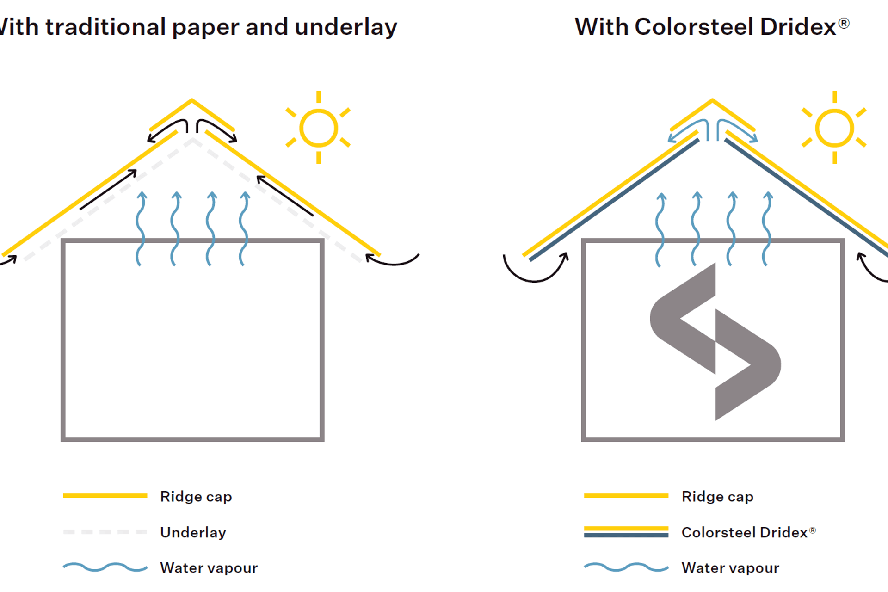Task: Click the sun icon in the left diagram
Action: pos(318,128)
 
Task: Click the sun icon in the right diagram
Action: pos(834,128)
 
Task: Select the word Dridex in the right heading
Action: pos(798,27)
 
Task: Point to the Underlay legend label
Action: pos(193,532)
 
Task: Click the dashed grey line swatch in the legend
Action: pos(105,532)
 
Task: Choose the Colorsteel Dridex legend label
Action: pos(744,532)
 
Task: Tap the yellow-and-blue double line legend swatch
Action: pos(626,532)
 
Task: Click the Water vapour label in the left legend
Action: pos(209,567)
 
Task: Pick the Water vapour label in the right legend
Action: pos(730,567)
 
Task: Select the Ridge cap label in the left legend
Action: pos(196,496)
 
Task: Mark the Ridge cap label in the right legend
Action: pos(717,496)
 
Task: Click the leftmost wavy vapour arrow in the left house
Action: pos(140,229)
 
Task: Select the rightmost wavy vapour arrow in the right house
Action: pos(766,229)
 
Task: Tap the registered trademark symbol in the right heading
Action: pos(844,23)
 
